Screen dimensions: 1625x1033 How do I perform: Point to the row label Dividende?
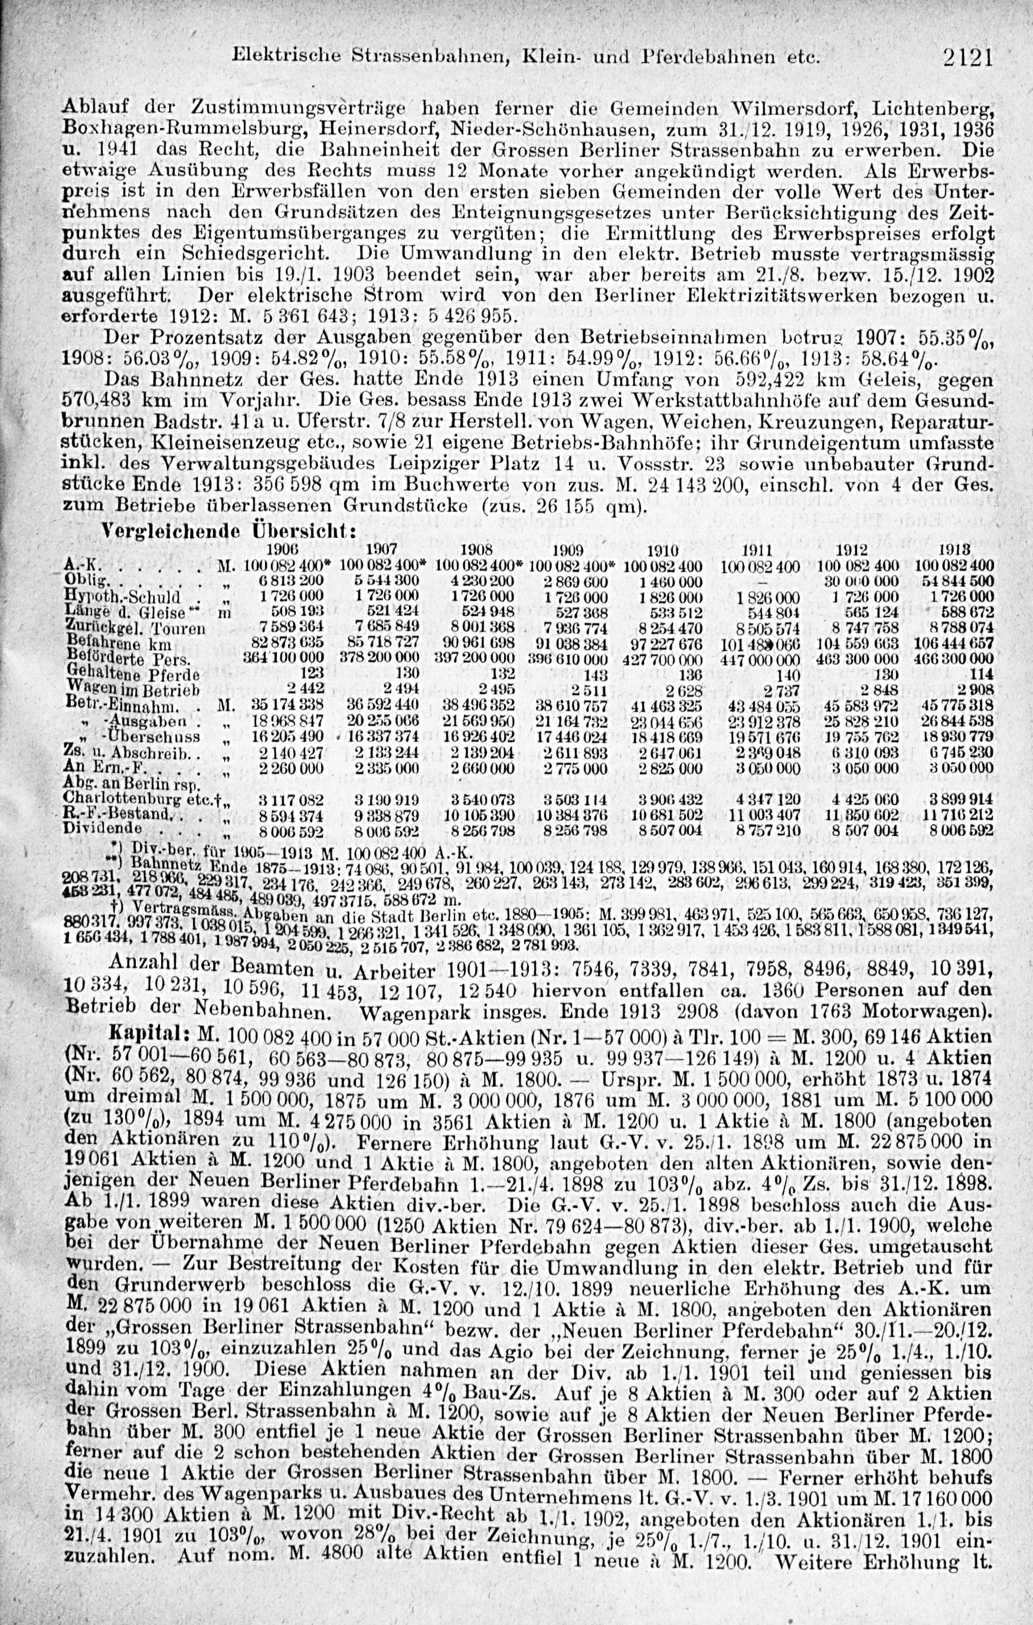tap(101, 827)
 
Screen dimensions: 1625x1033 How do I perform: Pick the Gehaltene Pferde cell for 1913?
tap(982, 674)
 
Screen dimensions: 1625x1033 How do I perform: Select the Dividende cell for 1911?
tap(765, 830)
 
